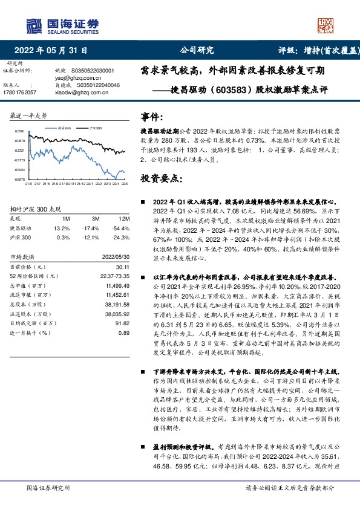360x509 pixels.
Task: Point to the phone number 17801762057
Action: (x=19, y=92)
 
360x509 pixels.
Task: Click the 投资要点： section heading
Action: (x=157, y=178)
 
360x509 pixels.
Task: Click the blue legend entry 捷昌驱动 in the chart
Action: (x=65, y=128)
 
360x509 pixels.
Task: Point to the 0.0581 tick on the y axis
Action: (x=21, y=131)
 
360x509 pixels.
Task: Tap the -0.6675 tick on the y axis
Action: (x=21, y=180)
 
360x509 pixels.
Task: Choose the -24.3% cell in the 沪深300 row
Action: (x=122, y=238)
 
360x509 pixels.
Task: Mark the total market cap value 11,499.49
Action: (x=117, y=285)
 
